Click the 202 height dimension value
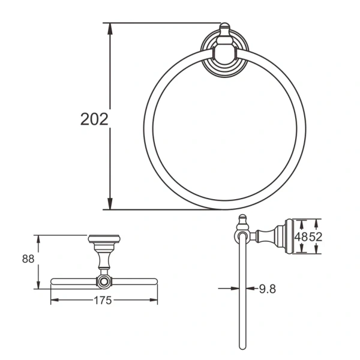[x=94, y=119]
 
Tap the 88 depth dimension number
[x=28, y=259]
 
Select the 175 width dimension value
[x=103, y=301]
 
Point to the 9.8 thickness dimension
[x=268, y=289]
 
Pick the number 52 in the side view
[x=316, y=236]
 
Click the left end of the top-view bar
[x=53, y=281]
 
